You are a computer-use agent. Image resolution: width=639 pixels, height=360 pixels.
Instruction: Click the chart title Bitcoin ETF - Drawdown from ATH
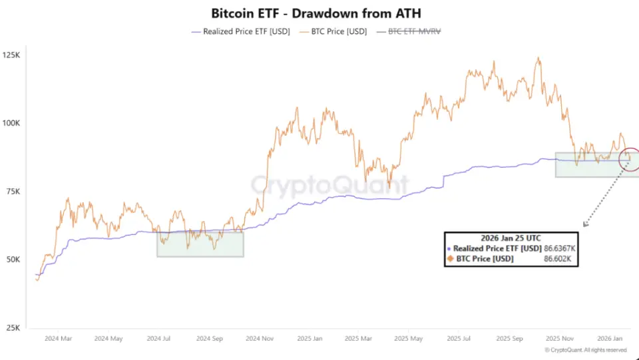coord(316,13)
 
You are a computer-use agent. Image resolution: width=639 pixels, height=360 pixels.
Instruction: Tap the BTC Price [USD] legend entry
coord(335,31)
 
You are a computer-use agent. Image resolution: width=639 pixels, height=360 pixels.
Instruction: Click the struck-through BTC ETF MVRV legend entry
coord(413,31)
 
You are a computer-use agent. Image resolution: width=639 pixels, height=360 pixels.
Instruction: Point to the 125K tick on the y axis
coord(12,55)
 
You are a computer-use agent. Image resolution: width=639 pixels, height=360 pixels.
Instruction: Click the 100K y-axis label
coord(12,123)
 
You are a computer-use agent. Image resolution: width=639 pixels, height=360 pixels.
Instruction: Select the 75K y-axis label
coord(13,192)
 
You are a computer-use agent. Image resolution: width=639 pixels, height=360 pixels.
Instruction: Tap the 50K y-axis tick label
coord(13,260)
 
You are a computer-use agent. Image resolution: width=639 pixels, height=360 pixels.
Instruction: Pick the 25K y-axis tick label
coord(13,328)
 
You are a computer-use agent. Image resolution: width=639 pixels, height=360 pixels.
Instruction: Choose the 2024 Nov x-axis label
coord(260,338)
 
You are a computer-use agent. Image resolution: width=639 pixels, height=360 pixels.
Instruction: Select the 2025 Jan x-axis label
coord(310,338)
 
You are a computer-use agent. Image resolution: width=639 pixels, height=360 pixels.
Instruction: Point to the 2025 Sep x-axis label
coord(513,338)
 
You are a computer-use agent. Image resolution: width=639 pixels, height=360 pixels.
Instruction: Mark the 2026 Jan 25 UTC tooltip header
coord(510,238)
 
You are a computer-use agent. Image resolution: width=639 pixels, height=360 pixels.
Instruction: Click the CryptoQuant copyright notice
coord(586,350)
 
